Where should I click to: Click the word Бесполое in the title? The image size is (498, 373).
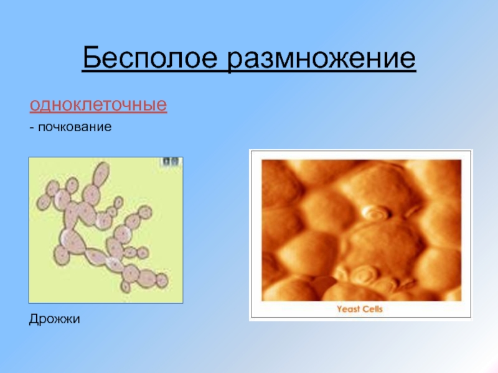[x=150, y=58]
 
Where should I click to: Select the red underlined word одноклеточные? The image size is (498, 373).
[x=98, y=104]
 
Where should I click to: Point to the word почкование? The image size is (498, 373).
[x=75, y=127]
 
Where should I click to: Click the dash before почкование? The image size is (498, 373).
[x=32, y=127]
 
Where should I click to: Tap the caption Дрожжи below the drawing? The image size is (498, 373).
[x=54, y=319]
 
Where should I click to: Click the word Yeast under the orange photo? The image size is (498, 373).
[x=348, y=309]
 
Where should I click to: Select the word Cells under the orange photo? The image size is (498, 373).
[x=372, y=309]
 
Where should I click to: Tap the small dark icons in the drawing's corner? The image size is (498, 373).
[x=171, y=162]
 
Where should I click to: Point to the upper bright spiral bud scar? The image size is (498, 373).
[x=376, y=212]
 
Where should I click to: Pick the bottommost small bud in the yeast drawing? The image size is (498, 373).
[x=126, y=287]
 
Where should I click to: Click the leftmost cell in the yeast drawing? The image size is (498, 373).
[x=43, y=203]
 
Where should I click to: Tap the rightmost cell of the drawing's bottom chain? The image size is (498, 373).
[x=162, y=281]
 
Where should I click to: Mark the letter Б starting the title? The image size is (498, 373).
[x=92, y=57]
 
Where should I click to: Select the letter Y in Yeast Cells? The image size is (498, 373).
[x=339, y=309]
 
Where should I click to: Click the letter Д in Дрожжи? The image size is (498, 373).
[x=34, y=319]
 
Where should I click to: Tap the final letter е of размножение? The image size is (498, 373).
[x=408, y=60]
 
